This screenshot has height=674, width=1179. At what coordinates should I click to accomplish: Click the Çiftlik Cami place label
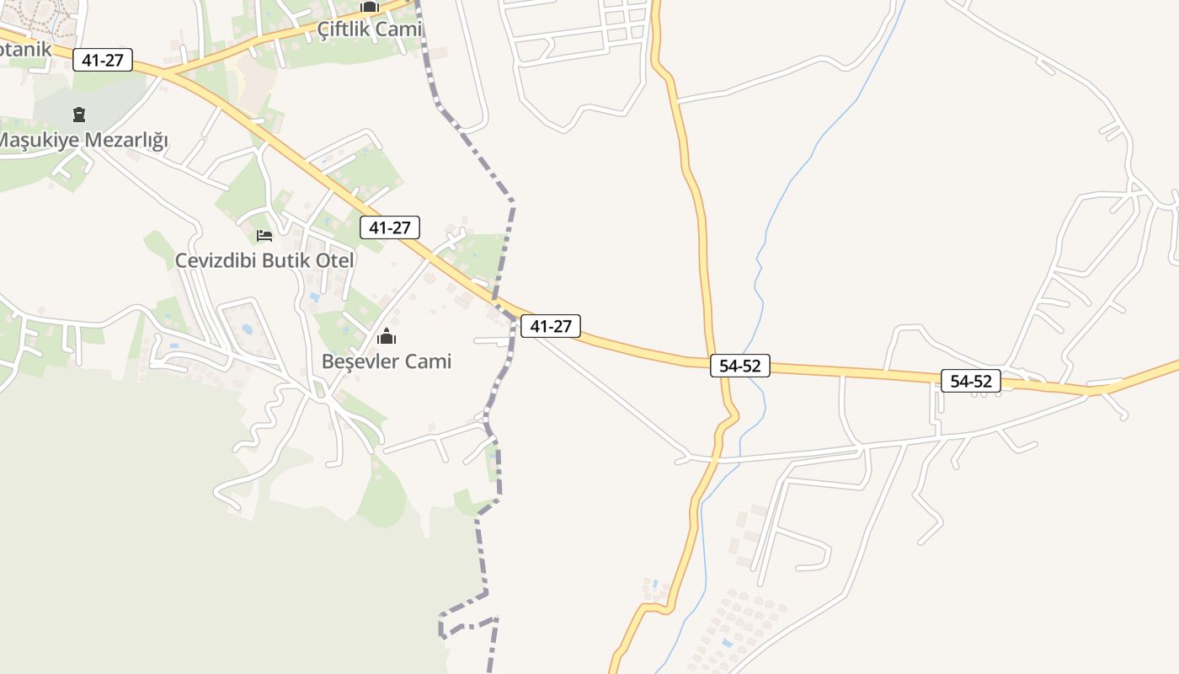click(x=369, y=29)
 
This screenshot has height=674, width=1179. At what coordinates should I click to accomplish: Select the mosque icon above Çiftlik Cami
click(x=370, y=7)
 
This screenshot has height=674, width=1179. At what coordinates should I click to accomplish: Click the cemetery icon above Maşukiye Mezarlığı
click(x=79, y=115)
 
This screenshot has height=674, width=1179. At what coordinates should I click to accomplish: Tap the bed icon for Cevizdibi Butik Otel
click(x=264, y=235)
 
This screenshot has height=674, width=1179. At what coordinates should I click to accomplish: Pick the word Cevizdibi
click(x=216, y=260)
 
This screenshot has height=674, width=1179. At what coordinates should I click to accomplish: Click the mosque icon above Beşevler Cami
click(x=387, y=338)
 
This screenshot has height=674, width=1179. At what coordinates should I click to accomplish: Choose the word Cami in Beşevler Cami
click(x=429, y=361)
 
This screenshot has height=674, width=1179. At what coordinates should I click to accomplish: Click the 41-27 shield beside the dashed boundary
click(x=551, y=326)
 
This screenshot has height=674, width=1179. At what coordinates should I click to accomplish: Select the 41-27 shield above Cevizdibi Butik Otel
click(x=390, y=227)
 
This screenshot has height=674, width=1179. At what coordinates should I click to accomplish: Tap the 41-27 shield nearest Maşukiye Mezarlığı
click(x=103, y=60)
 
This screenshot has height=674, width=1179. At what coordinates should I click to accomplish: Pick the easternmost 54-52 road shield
click(x=971, y=381)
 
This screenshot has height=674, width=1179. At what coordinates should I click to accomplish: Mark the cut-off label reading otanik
click(x=25, y=49)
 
